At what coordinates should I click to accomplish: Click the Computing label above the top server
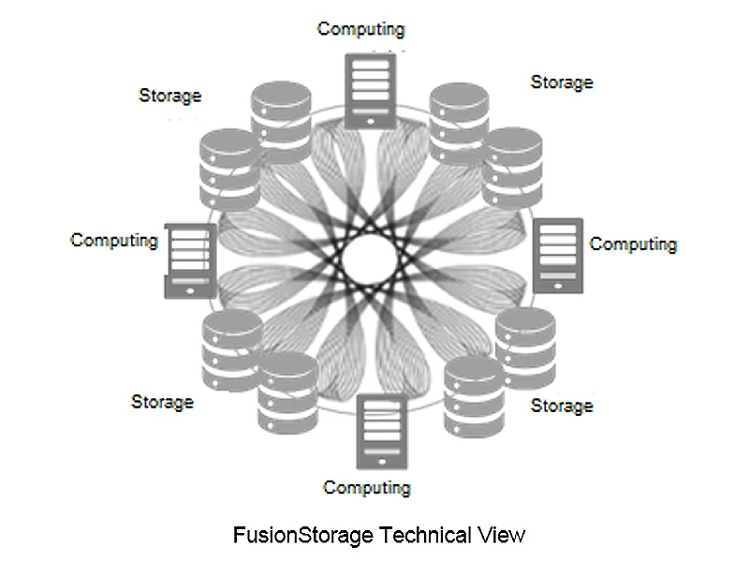(361, 28)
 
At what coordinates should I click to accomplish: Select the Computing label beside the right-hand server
(633, 244)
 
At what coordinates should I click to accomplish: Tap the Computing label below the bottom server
(367, 487)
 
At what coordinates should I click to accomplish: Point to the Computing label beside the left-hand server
(114, 240)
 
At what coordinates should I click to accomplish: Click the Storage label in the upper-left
(169, 95)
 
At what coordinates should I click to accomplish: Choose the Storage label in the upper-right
(562, 81)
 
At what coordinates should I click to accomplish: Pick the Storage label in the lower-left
(162, 401)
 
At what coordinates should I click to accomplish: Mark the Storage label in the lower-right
(562, 406)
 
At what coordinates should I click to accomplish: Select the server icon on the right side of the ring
(558, 256)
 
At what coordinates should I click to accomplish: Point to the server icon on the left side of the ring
(190, 260)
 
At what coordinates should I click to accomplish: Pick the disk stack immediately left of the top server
(279, 121)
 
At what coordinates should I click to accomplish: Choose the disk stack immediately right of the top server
(458, 119)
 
